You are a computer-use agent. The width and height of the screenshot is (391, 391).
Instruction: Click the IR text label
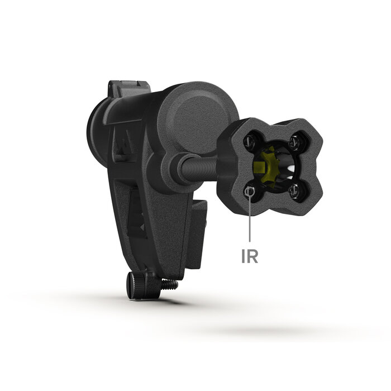click(250, 256)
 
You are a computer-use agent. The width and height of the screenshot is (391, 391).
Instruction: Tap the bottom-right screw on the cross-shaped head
click(297, 192)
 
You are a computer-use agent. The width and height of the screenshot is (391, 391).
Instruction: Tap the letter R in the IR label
click(254, 256)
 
